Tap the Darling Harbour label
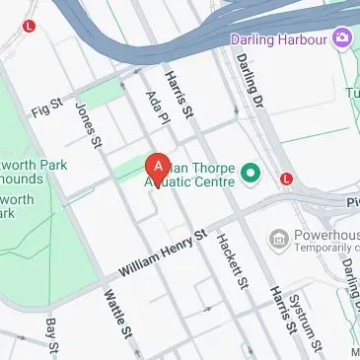[279, 39]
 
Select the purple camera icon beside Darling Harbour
[342, 36]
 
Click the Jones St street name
[89, 127]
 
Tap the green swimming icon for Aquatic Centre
[251, 175]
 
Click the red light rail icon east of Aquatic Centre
[286, 180]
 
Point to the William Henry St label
[163, 253]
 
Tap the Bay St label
[52, 338]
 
